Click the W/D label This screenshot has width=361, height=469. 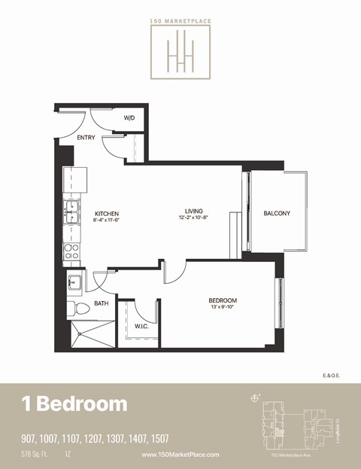(x=129, y=117)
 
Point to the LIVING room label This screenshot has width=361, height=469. (x=195, y=211)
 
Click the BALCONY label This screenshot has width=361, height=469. (x=276, y=213)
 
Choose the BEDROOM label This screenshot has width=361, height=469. (x=223, y=300)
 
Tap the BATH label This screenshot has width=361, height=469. (x=101, y=304)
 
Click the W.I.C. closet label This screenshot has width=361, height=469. (x=141, y=326)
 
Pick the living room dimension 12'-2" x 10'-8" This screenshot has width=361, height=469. (x=195, y=218)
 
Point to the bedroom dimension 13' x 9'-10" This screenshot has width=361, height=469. (x=223, y=307)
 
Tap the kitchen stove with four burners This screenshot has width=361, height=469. (x=72, y=251)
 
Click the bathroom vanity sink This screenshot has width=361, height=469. (x=74, y=283)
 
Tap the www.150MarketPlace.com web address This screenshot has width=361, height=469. (x=180, y=455)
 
